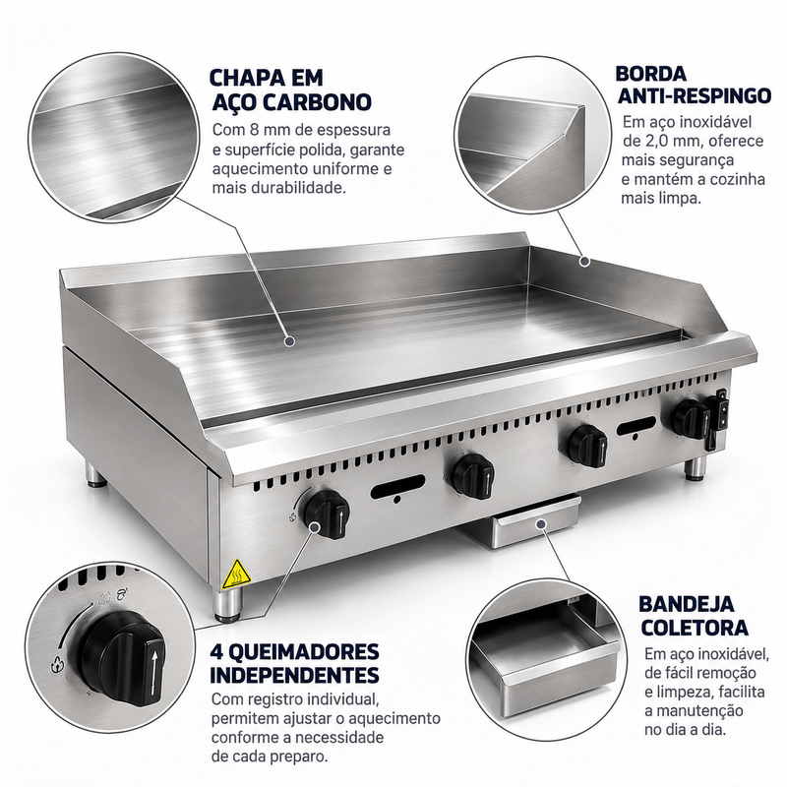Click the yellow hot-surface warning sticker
pyautogui.click(x=236, y=574)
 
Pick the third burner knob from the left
pyautogui.click(x=586, y=445)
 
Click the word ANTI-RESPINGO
pyautogui.click(x=695, y=94)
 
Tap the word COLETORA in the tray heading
pyautogui.click(x=695, y=628)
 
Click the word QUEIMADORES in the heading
pyautogui.click(x=305, y=652)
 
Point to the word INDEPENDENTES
pyautogui.click(x=294, y=675)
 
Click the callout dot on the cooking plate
pyautogui.click(x=289, y=341)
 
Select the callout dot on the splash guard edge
pyautogui.click(x=583, y=261)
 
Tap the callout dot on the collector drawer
pyautogui.click(x=540, y=524)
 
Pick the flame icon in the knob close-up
pyautogui.click(x=56, y=665)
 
